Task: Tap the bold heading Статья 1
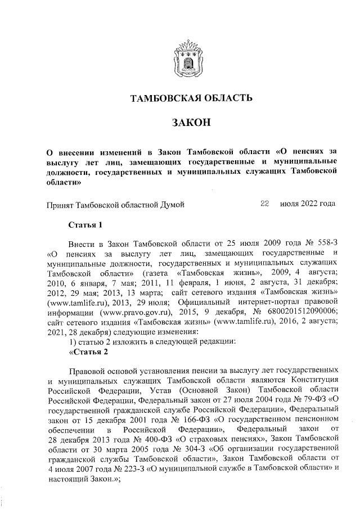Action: [85, 226]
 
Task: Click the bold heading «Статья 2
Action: [85, 353]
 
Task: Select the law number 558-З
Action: [325, 244]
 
